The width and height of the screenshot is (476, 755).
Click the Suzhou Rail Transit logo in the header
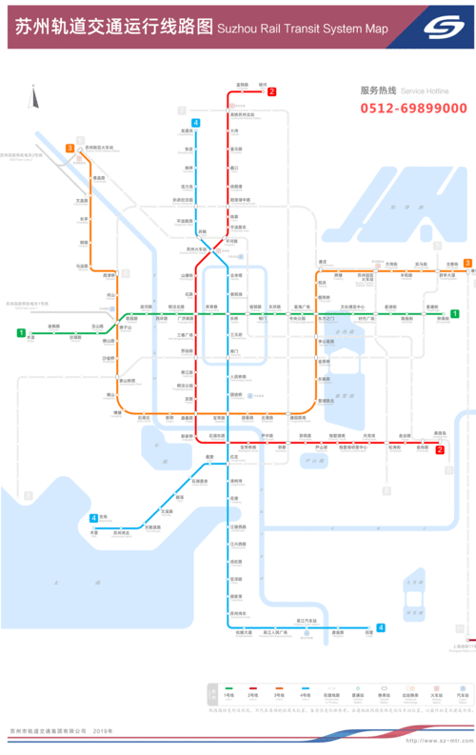point(441,27)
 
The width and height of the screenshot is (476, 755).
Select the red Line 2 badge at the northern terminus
point(272,92)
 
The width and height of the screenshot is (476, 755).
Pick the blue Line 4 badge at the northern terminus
point(195,123)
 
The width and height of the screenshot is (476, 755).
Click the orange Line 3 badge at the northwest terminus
point(69,149)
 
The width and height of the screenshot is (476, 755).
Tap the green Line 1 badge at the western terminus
point(19,332)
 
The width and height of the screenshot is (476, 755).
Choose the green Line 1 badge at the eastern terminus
point(455,313)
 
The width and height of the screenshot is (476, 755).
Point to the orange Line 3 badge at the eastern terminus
point(466,263)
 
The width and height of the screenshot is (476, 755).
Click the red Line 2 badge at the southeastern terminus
point(440,449)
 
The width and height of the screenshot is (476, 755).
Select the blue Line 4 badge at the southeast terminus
point(380,627)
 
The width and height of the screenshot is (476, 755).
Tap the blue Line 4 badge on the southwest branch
point(93,518)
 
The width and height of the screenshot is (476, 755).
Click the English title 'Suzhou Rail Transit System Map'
point(303,30)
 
